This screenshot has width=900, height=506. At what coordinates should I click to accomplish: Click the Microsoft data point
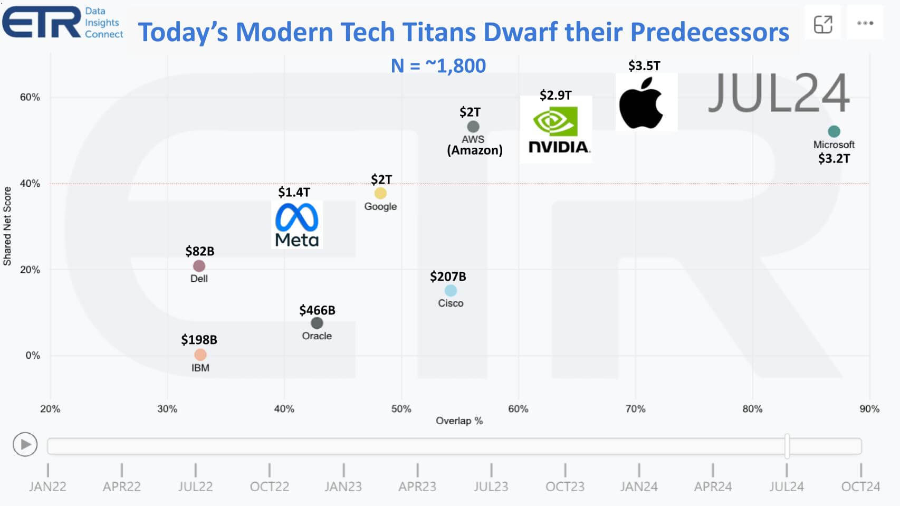pyautogui.click(x=834, y=131)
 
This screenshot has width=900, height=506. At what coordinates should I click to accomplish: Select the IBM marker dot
pyautogui.click(x=200, y=355)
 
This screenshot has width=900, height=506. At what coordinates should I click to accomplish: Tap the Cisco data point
pyautogui.click(x=451, y=290)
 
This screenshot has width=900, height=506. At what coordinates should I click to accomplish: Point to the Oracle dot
pyautogui.click(x=317, y=323)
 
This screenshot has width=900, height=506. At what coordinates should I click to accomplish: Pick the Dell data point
pyautogui.click(x=199, y=266)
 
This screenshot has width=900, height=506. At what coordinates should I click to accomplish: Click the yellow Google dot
pyautogui.click(x=380, y=193)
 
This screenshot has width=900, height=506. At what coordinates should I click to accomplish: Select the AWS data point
pyautogui.click(x=473, y=127)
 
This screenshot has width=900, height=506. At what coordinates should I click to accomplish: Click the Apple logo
pyautogui.click(x=642, y=103)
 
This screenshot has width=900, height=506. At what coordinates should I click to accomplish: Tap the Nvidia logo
pyautogui.click(x=556, y=129)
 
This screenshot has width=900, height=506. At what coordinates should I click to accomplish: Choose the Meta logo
pyautogui.click(x=296, y=224)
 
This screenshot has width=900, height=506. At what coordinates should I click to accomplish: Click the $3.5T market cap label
pyautogui.click(x=644, y=66)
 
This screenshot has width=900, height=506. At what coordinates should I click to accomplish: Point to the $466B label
pyautogui.click(x=317, y=310)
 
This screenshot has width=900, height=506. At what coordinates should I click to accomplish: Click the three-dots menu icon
pyautogui.click(x=865, y=23)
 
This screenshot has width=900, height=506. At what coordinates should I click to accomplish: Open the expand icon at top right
pyautogui.click(x=822, y=24)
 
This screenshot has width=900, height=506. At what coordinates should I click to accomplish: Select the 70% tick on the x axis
pyautogui.click(x=635, y=409)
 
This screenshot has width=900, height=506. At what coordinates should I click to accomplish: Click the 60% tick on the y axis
pyautogui.click(x=30, y=97)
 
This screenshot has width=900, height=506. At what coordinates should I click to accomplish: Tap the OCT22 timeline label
pyautogui.click(x=269, y=486)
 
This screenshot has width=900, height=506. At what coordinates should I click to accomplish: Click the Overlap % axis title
pyautogui.click(x=459, y=421)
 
